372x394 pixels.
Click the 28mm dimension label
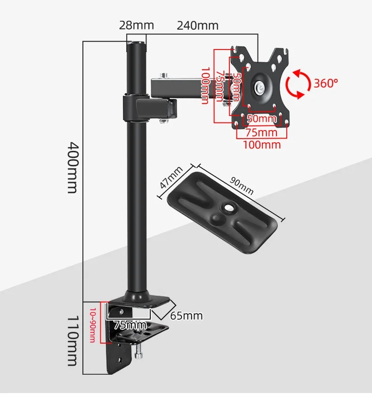[x=136, y=25]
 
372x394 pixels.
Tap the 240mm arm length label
[x=198, y=25]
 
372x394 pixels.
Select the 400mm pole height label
[x=73, y=168]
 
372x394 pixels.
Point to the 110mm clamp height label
[x=73, y=341]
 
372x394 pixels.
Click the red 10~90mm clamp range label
[x=93, y=325]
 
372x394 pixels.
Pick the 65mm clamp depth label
[x=186, y=316]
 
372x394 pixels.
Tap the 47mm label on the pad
[x=171, y=177]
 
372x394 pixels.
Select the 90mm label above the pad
[x=242, y=186]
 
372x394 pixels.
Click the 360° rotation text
[x=326, y=83]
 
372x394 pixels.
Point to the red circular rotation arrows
[x=299, y=84]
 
